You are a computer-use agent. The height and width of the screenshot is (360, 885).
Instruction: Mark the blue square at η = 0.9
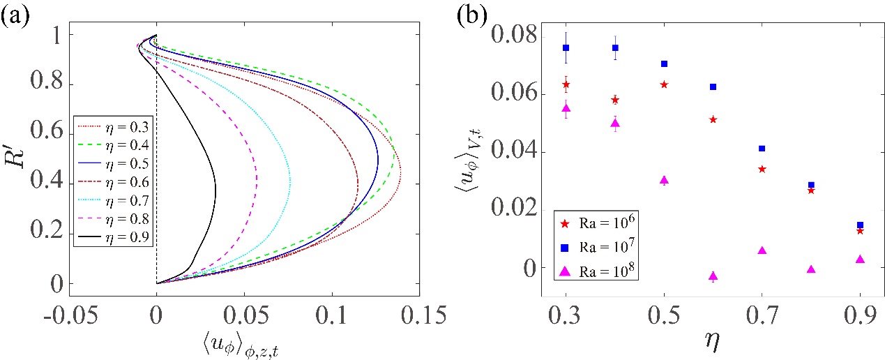(860, 225)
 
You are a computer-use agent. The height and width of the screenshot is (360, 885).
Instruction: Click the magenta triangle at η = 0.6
(713, 276)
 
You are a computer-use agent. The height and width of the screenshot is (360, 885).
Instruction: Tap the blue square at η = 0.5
(664, 63)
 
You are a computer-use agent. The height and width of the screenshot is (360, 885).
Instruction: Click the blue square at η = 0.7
(762, 149)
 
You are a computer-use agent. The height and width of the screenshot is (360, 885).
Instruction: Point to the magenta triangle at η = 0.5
(664, 180)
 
